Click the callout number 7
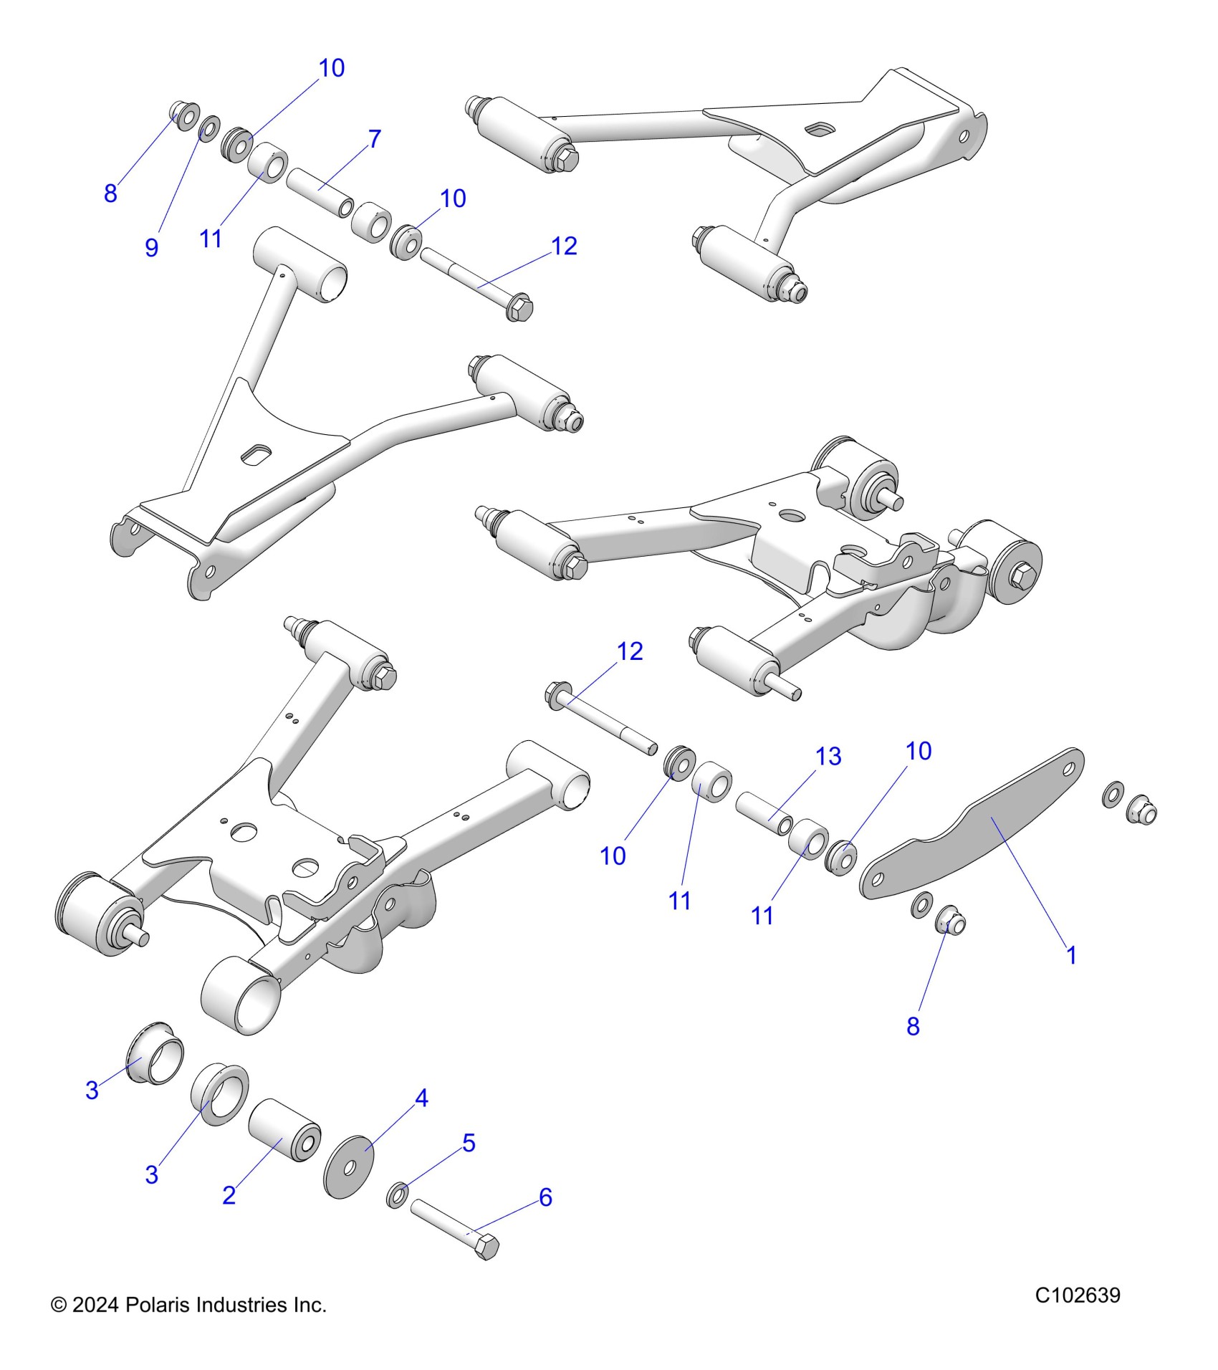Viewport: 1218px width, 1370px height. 374,139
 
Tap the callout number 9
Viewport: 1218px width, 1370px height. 151,247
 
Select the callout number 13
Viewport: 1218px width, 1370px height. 828,757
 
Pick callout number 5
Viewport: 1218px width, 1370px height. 469,1143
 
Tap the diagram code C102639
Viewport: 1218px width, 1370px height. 1078,1295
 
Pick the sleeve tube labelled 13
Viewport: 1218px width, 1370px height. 764,812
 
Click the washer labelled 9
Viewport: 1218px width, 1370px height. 209,129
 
